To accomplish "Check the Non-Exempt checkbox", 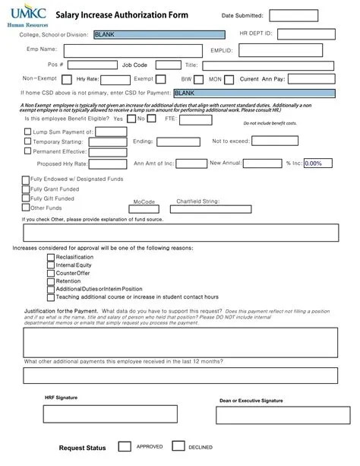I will click(x=64, y=79).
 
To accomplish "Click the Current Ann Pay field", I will click(x=317, y=79).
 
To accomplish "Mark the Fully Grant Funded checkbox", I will click(x=25, y=189).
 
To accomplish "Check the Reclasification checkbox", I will click(x=51, y=257).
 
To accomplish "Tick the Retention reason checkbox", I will click(x=51, y=281).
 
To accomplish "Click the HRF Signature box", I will click(x=109, y=413).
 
